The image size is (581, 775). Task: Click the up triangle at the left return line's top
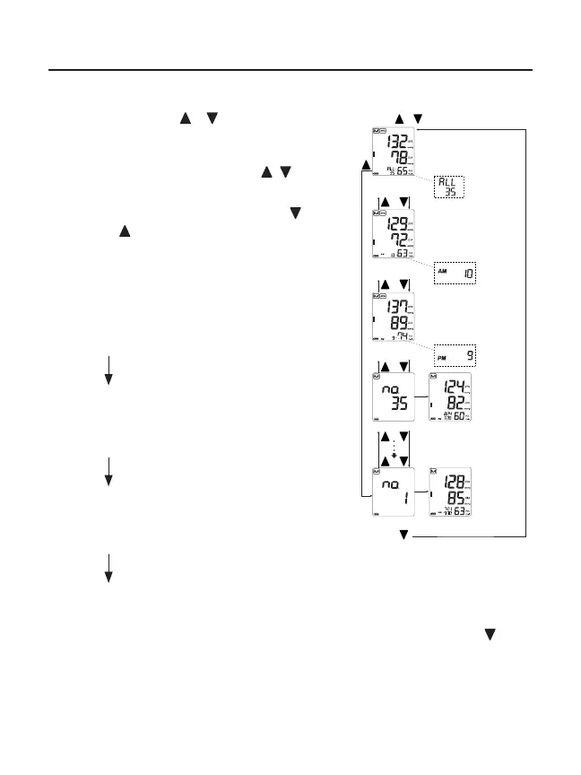click(364, 167)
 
